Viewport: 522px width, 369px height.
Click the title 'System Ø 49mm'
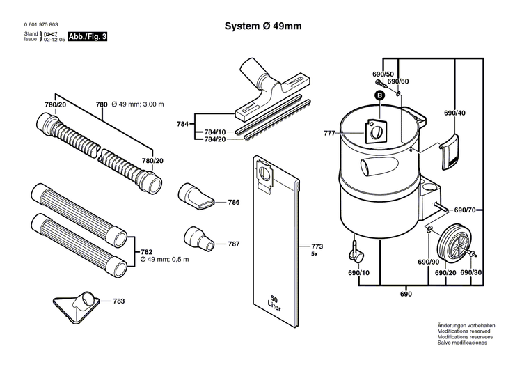click(x=262, y=26)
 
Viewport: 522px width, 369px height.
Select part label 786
click(x=234, y=203)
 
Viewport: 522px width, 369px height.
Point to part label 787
click(x=234, y=244)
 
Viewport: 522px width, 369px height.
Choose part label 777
click(x=329, y=133)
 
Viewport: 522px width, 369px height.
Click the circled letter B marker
click(x=380, y=95)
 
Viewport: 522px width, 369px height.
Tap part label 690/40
click(x=454, y=113)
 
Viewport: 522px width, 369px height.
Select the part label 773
click(x=317, y=246)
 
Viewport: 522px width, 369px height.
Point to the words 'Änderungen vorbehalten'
click(x=466, y=326)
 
